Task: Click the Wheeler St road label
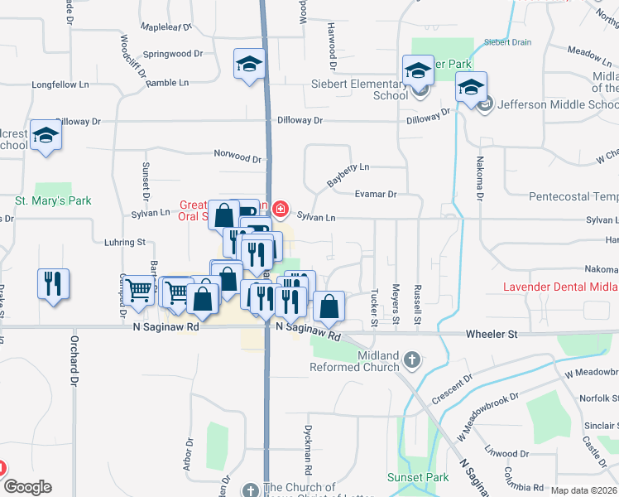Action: click(x=491, y=335)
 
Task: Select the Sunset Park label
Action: click(x=418, y=478)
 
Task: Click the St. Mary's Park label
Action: click(x=53, y=200)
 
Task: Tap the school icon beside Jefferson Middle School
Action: click(x=471, y=87)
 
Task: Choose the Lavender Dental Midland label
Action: click(x=561, y=287)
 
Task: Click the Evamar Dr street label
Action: click(x=376, y=195)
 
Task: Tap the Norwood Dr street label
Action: click(x=238, y=154)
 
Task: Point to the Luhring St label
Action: click(x=124, y=243)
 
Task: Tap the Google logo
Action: click(x=26, y=487)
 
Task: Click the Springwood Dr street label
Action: click(x=172, y=54)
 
